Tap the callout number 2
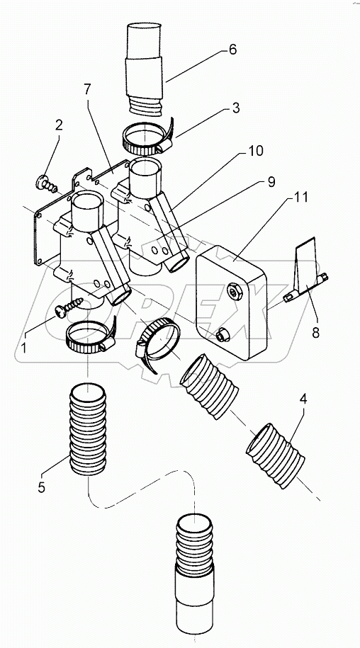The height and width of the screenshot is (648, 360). coord(59,125)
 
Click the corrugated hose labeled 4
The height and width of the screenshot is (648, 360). coord(277,453)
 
